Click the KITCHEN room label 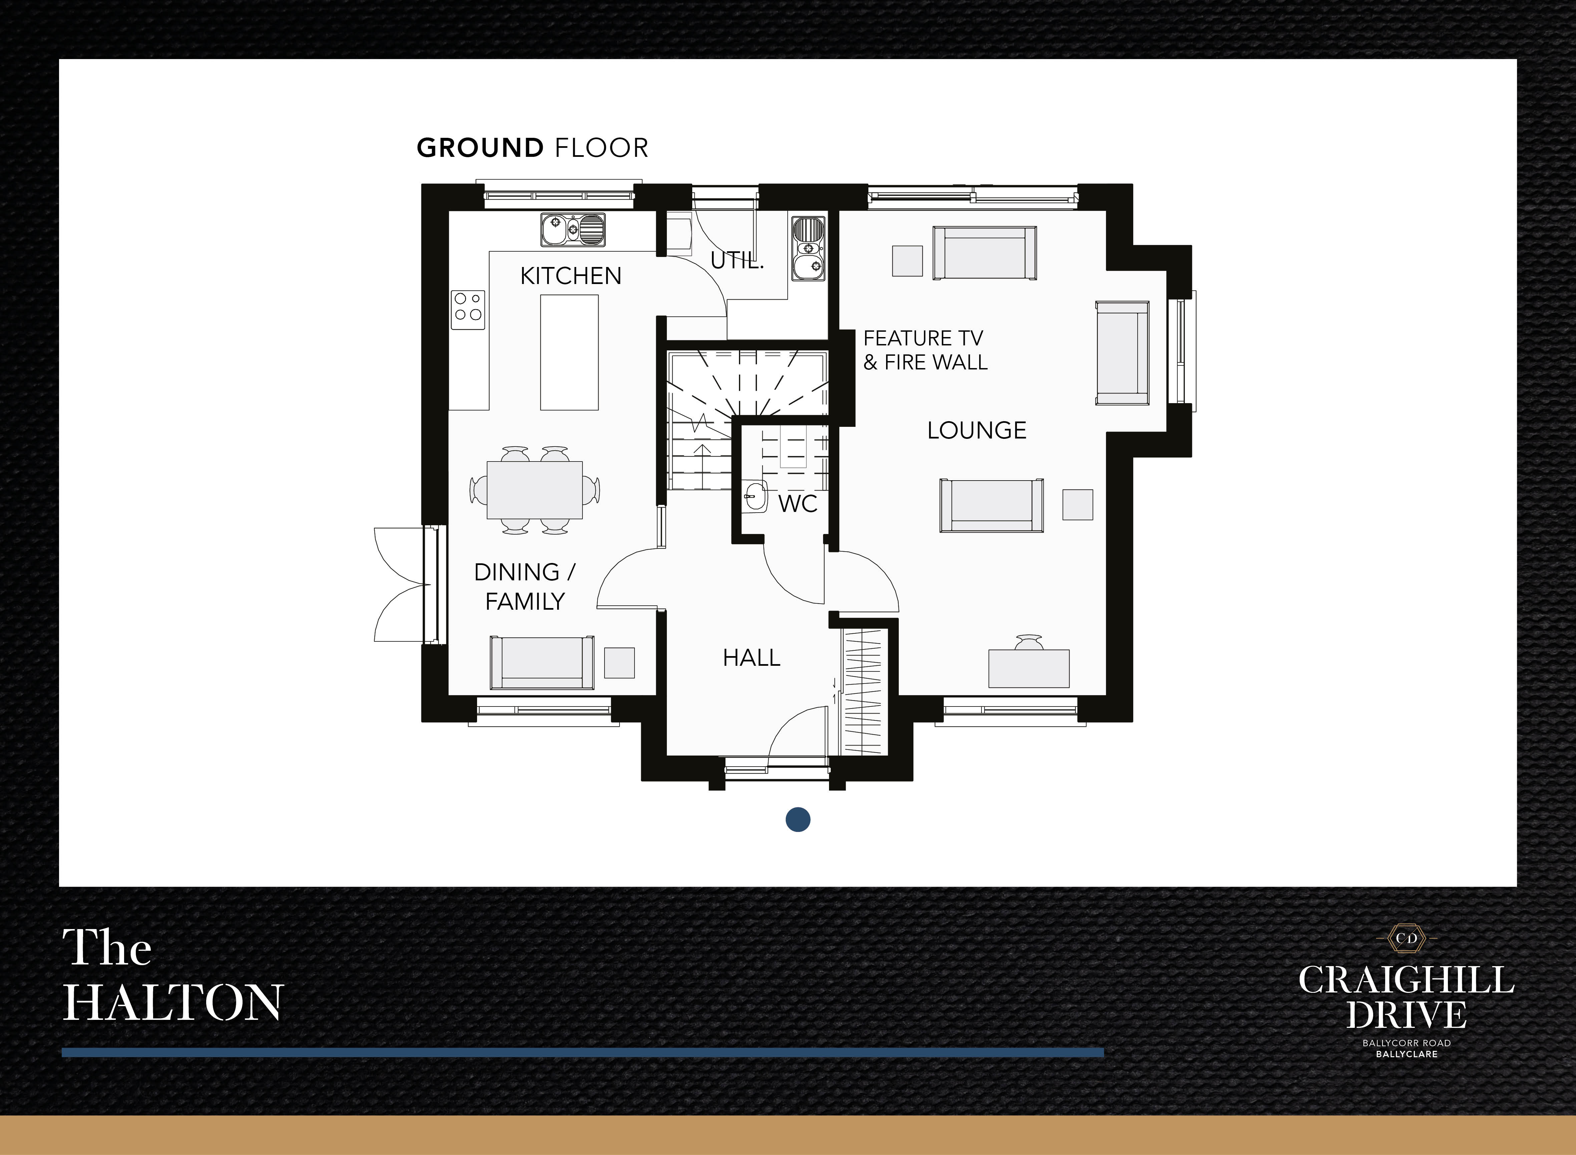570,276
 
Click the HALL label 751,658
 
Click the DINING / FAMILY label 524,587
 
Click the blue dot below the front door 797,819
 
